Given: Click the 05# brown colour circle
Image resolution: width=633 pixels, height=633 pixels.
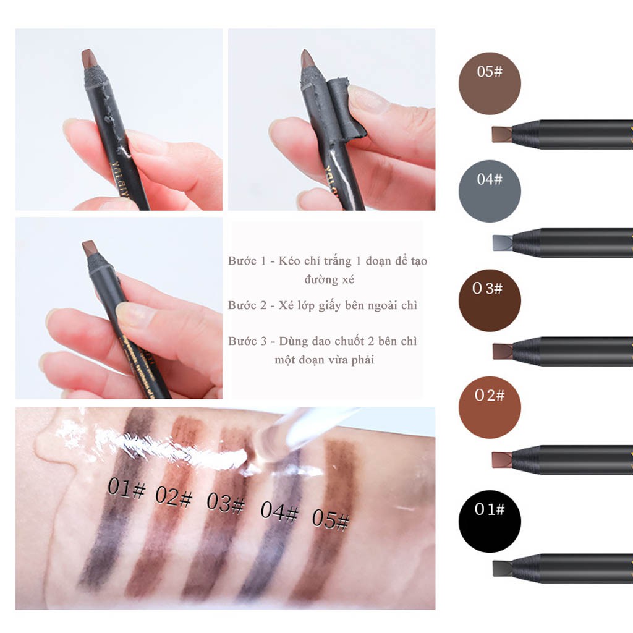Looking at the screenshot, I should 490,83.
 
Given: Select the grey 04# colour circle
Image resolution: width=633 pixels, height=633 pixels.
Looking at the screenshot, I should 490,191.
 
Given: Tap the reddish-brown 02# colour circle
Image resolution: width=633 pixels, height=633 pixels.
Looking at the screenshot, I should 490,407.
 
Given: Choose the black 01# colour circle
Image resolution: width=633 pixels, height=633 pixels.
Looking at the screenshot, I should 490,521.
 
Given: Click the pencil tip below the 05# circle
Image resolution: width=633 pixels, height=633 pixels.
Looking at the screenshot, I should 502,134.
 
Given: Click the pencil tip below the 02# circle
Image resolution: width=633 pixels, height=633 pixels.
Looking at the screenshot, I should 502,459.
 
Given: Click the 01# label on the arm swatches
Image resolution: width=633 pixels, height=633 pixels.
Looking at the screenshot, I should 126,488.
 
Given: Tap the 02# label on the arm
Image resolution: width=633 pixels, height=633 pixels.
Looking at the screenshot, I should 175,496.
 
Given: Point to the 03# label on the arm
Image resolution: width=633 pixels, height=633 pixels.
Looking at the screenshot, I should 226,503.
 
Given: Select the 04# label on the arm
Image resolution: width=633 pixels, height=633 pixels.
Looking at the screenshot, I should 279,511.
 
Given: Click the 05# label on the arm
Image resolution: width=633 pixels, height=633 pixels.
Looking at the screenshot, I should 330,519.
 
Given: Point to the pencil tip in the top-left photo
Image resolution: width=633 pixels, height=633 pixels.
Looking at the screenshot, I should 88,59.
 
